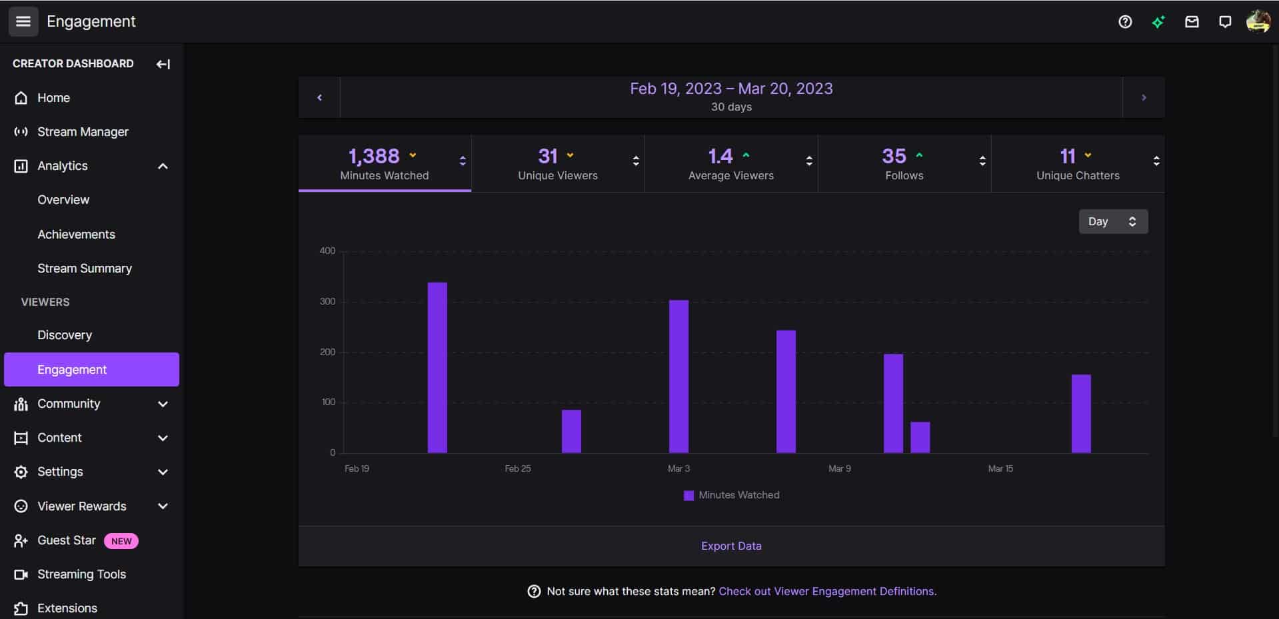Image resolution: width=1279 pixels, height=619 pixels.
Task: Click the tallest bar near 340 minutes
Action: pos(437,368)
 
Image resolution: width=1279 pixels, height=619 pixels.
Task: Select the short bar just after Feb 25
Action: pos(571,431)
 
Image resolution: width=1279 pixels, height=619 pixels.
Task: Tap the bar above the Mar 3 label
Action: pos(678,376)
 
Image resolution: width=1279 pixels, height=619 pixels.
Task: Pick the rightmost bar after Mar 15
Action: pos(1081,414)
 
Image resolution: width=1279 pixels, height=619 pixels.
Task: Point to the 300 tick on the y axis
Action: pos(327,302)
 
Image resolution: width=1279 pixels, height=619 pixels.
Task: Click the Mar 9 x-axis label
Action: pos(839,469)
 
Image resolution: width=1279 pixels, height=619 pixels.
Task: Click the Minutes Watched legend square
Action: pos(688,496)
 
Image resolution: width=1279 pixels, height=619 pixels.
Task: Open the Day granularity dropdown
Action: pos(1112,222)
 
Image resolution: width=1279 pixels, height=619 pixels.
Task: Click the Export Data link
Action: pos(731,546)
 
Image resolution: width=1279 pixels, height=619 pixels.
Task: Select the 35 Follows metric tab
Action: pos(904,164)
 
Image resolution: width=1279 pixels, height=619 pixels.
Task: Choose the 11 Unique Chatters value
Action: pos(1067,156)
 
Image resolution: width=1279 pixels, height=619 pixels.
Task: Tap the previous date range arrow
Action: pos(319,98)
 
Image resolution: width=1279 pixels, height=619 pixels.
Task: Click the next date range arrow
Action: pos(1144,98)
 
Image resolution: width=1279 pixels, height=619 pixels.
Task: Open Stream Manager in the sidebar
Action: pos(83,132)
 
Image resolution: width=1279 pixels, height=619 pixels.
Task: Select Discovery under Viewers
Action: pos(65,335)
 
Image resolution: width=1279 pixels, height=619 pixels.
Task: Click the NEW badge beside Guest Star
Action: pos(121,541)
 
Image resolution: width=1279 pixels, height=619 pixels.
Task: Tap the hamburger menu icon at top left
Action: pos(23,21)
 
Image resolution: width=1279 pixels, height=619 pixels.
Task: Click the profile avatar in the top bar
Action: pos(1258,21)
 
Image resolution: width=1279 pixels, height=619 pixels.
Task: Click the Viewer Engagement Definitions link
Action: pos(827,592)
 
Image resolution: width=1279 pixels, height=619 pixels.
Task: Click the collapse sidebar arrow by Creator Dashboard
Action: pos(163,64)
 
